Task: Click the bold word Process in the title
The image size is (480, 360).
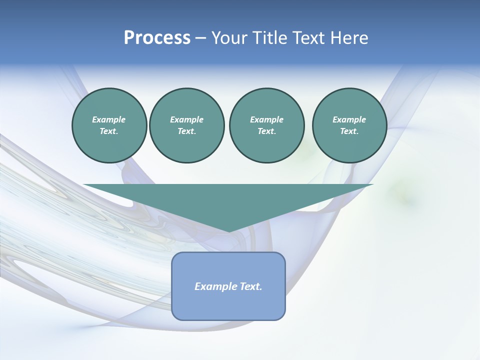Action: coord(157,38)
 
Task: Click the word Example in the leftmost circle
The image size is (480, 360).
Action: coord(109,119)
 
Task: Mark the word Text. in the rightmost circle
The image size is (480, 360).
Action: coord(349,131)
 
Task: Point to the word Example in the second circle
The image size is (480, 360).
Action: coord(186,119)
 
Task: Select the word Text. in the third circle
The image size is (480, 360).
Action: coord(266,131)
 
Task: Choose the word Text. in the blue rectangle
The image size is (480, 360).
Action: coord(250,286)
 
